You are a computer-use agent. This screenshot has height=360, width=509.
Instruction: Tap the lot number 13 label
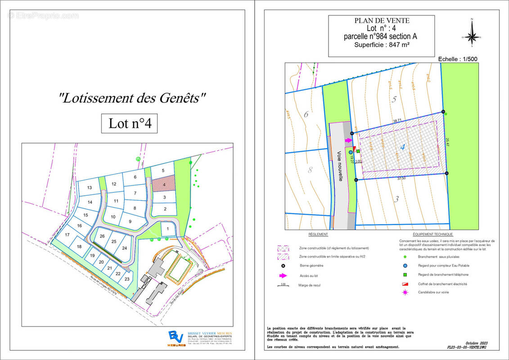(90, 187)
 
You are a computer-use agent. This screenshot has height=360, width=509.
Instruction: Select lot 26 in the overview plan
(102, 236)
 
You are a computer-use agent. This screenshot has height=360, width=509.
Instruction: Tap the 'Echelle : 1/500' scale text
(456, 59)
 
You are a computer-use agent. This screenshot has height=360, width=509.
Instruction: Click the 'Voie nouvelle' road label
(341, 166)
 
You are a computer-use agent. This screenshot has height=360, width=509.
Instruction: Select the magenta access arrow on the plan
(348, 140)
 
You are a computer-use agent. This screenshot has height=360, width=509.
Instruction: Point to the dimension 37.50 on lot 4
(401, 178)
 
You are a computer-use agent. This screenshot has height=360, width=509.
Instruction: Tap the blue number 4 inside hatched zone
(402, 146)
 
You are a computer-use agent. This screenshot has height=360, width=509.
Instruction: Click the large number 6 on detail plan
(306, 114)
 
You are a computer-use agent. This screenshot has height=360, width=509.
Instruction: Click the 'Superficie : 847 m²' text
(381, 45)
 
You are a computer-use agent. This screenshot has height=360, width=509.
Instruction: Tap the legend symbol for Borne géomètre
(283, 265)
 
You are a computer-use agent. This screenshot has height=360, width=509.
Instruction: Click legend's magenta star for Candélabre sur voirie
(405, 292)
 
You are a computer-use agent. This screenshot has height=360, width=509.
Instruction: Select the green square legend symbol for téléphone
(405, 274)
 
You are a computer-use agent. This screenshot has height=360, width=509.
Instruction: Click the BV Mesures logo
(174, 337)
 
